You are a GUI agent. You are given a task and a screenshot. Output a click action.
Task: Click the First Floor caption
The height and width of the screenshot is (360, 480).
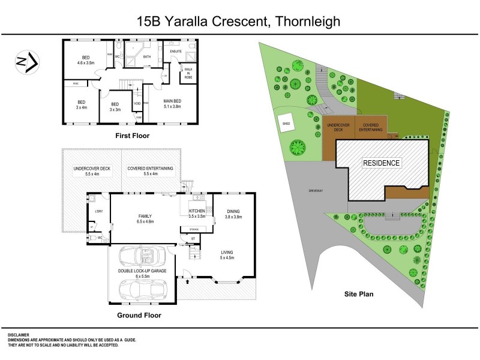132,136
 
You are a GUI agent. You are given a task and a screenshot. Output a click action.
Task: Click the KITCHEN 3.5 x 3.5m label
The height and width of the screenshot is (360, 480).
197,214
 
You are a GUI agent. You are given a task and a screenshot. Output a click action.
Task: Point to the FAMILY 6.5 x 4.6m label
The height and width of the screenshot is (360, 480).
145,218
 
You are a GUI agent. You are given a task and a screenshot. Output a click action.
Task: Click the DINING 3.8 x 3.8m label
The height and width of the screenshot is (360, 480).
233,214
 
